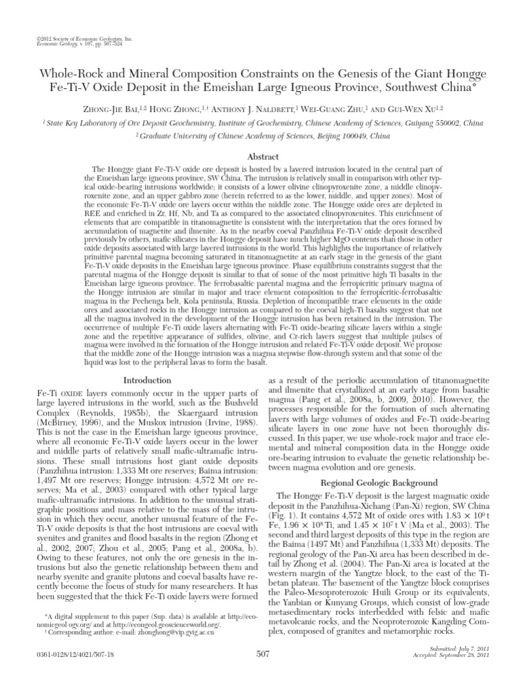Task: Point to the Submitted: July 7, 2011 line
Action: coord(477,668)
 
